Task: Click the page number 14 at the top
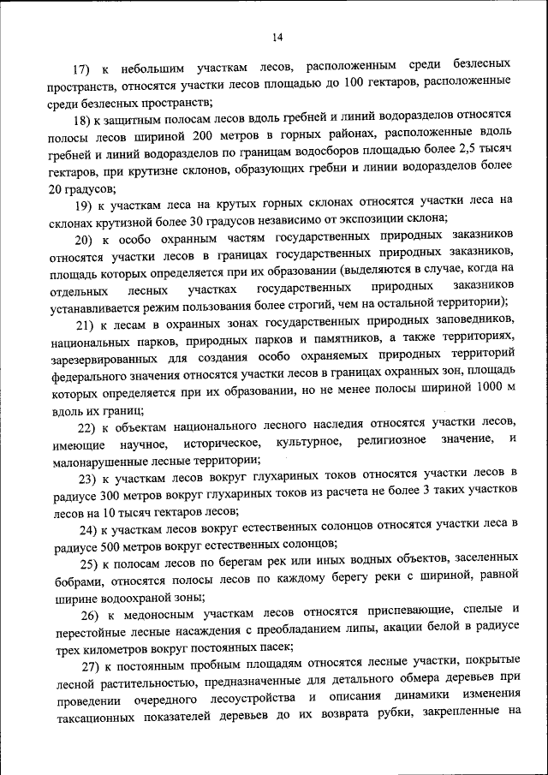tap(277, 36)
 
